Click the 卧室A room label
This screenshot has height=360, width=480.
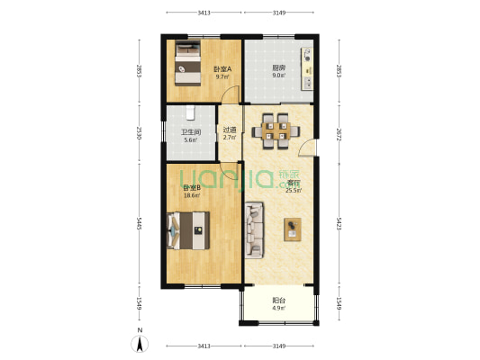pos(222,69)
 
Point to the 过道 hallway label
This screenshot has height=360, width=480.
pos(230,130)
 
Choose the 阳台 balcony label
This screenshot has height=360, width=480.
pos(278,301)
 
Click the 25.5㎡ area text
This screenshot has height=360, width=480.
pos(294,191)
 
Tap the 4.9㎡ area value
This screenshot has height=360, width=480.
pos(278,309)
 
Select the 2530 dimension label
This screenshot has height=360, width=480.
pos(138,133)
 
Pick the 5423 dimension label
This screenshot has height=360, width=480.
pos(339,222)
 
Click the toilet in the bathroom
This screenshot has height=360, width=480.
pos(190,113)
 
